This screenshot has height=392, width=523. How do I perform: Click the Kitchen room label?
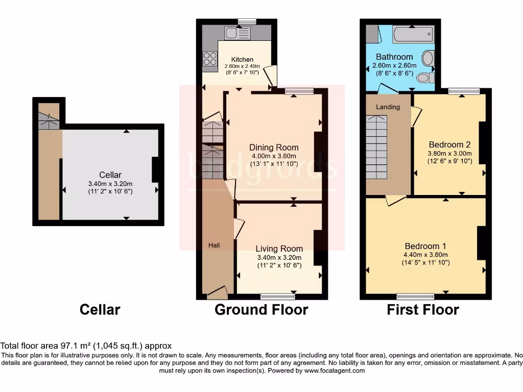(x=242, y=60)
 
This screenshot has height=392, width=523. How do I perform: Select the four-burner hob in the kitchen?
(x=210, y=58)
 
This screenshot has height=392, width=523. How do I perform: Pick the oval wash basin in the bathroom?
(x=428, y=58)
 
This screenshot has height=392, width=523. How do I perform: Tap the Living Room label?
(x=279, y=249)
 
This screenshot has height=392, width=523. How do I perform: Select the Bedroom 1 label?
(x=425, y=245)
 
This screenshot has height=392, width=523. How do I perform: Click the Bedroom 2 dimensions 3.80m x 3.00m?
(x=450, y=153)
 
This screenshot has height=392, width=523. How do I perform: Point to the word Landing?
(x=388, y=107)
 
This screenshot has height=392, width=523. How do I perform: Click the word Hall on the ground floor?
(x=214, y=246)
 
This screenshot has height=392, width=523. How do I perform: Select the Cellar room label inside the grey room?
(x=110, y=175)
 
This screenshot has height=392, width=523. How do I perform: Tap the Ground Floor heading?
(x=261, y=310)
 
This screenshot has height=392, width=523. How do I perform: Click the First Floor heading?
(x=423, y=310)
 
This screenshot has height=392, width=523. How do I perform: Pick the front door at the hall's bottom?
(x=217, y=292)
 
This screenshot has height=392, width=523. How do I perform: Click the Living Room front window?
(x=277, y=297)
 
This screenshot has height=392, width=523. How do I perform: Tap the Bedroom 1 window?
(x=416, y=297)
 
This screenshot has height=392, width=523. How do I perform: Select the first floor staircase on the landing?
(x=377, y=146)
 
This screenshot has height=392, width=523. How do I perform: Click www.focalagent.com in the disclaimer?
(x=335, y=371)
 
